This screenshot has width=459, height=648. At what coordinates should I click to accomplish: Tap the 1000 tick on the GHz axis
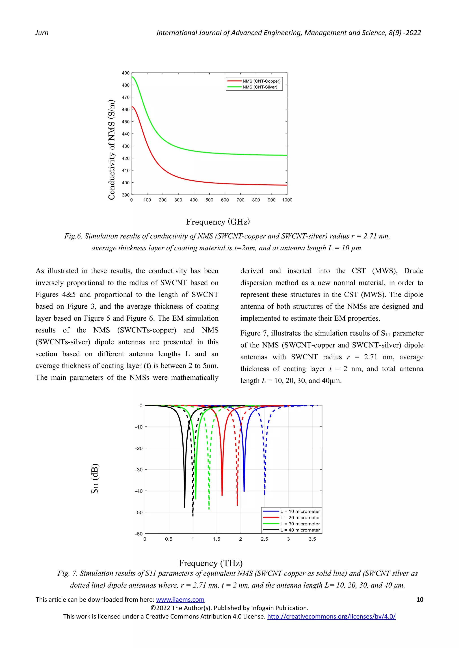[x=287, y=200]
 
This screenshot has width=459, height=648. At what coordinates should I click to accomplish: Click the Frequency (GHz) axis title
[x=218, y=222]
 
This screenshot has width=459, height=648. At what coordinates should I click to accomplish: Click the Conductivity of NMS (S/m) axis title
[x=112, y=150]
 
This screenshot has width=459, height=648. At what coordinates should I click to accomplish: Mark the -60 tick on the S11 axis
[x=139, y=534]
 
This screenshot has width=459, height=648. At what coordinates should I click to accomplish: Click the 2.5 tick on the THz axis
[x=264, y=539]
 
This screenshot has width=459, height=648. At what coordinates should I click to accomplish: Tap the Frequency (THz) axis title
[x=211, y=563]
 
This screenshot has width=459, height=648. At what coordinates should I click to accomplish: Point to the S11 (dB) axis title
[x=95, y=479]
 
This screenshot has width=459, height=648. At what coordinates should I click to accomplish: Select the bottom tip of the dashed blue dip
[x=264, y=494]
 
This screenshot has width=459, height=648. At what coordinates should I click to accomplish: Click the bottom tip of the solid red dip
[x=222, y=495]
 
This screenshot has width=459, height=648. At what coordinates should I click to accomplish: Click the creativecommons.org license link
[x=331, y=616]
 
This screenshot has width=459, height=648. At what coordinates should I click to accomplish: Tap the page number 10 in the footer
[x=420, y=599]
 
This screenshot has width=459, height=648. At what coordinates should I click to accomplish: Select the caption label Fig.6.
[x=73, y=236]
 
